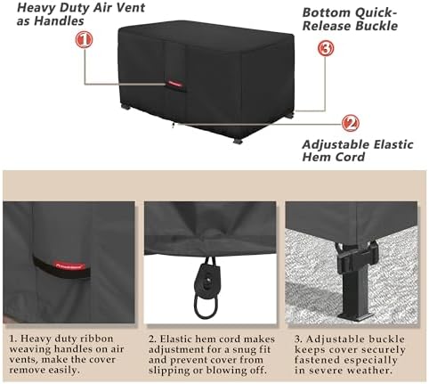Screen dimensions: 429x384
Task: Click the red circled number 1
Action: tap(84, 40)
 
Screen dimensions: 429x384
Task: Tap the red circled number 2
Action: tap(351, 123)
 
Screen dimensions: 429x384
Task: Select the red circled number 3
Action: tap(326, 48)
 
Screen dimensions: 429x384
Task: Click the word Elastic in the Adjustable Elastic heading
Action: tap(393, 144)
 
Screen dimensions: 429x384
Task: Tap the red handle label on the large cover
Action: tap(174, 84)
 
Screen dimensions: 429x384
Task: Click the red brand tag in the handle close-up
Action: tap(70, 266)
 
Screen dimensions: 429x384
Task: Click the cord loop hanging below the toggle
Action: tap(206, 306)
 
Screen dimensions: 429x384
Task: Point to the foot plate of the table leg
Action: tap(357, 317)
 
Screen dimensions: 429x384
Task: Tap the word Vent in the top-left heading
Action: tap(131, 7)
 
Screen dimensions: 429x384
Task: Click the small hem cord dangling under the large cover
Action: tap(173, 126)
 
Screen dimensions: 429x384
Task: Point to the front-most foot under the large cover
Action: tap(238, 141)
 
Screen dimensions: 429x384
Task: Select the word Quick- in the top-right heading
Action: tap(376, 12)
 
